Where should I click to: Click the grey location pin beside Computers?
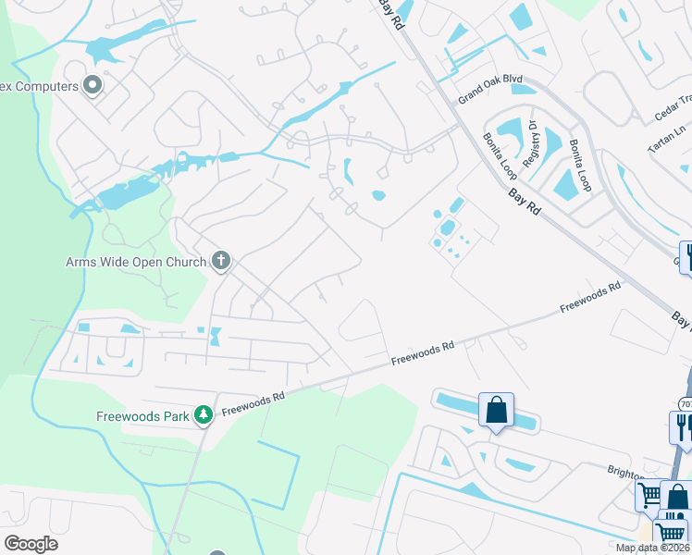tap(92, 86)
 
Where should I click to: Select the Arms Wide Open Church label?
tap(136, 262)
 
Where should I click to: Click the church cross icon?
tap(220, 261)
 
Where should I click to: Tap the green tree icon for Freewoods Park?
tap(204, 415)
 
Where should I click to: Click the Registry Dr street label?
tap(532, 143)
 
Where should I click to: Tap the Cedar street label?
tap(673, 110)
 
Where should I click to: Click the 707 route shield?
tap(686, 403)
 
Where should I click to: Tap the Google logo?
tap(31, 544)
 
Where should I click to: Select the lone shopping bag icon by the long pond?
tap(496, 409)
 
